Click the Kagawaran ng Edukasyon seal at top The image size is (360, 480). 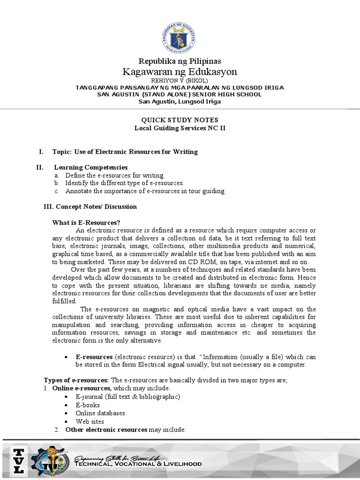(x=180, y=30)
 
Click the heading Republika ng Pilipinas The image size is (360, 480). (x=180, y=61)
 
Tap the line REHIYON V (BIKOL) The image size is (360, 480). (x=180, y=81)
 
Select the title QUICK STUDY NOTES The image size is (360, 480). (x=180, y=120)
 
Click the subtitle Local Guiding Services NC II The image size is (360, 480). (x=180, y=128)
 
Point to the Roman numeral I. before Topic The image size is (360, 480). (x=41, y=151)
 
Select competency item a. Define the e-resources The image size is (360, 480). (x=115, y=175)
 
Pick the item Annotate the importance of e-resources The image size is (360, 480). (x=145, y=191)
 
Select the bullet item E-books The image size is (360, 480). (x=88, y=405)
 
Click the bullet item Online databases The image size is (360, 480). (x=100, y=413)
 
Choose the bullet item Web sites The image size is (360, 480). (x=90, y=421)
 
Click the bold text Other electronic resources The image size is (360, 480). (x=106, y=429)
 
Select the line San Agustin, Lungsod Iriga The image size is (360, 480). (x=180, y=102)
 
